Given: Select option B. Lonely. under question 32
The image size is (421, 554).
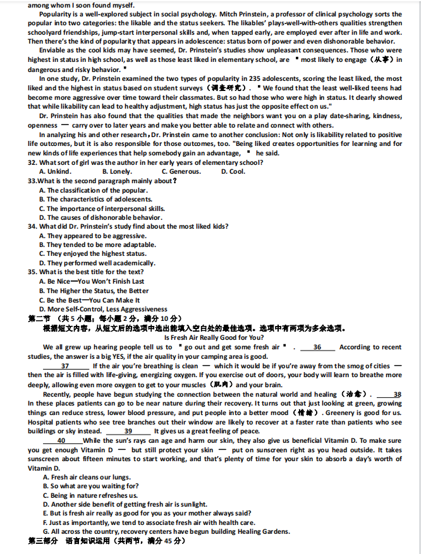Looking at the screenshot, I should [x=117, y=171].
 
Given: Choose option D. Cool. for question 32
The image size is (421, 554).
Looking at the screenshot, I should [x=233, y=171].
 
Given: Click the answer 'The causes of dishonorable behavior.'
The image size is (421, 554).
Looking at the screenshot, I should [x=101, y=217].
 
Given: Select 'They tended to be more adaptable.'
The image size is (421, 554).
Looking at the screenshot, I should [x=101, y=244].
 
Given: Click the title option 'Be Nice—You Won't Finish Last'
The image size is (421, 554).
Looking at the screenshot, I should [x=91, y=281].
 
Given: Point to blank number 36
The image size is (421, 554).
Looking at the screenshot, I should [x=317, y=347].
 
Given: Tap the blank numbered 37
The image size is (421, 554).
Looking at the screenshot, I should [x=65, y=366].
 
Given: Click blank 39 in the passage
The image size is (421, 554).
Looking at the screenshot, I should [x=128, y=431].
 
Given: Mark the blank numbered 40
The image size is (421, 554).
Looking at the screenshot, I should [x=61, y=440].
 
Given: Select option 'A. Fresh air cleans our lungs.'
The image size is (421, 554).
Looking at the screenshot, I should [x=87, y=477].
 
